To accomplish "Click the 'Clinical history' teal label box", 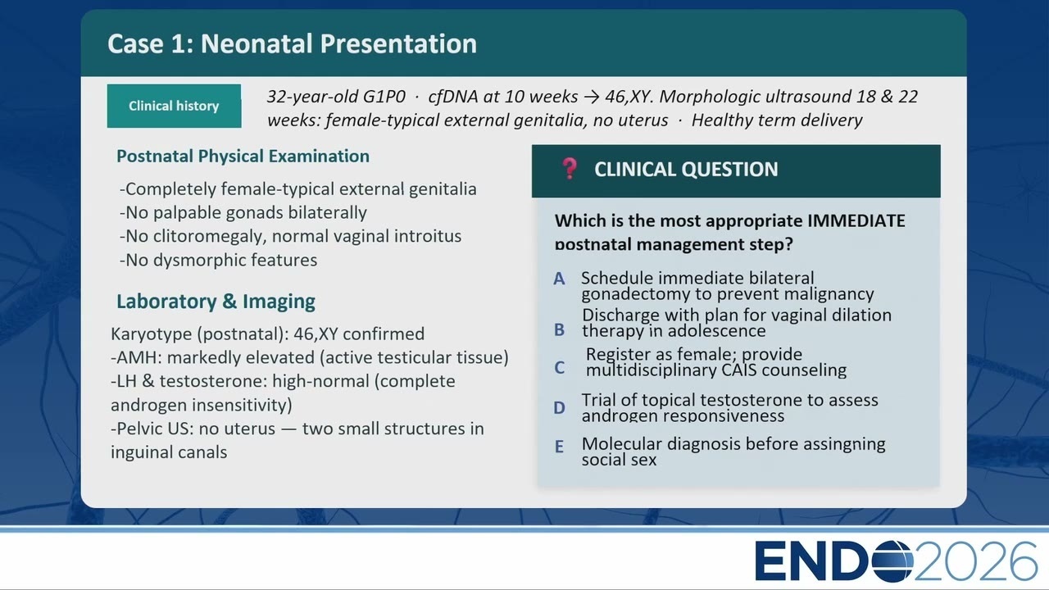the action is point(175,106).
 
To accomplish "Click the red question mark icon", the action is point(570,169).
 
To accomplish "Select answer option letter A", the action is point(559,279).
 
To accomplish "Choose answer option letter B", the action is point(559,330).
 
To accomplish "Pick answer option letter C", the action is point(559,368).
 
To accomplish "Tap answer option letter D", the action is point(559,408).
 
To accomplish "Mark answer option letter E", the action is point(559,447).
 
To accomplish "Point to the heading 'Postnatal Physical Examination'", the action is point(243,157).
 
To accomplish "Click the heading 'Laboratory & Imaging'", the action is point(216,302).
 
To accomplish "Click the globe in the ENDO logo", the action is point(893,561).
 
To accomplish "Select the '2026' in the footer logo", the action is point(975,561).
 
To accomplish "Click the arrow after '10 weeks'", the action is point(592,97).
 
